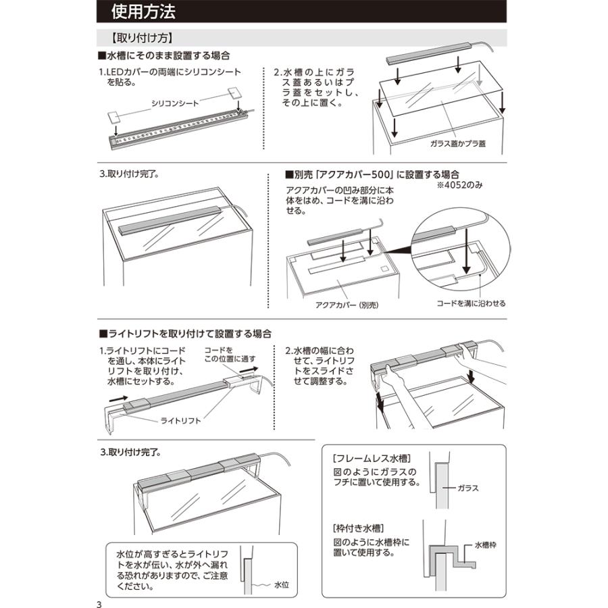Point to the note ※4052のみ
459,184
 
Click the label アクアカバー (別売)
347,305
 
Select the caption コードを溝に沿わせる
471,303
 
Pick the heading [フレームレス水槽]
372,457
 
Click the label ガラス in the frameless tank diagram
468,487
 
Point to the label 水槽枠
485,544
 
